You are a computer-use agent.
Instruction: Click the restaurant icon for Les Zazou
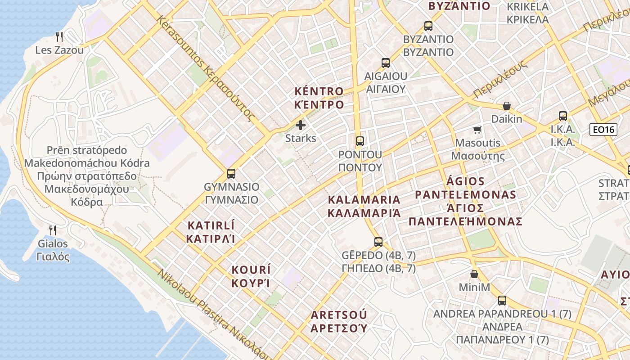click(x=59, y=36)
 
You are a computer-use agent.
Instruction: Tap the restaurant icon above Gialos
click(x=53, y=230)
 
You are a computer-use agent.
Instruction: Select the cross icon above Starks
click(x=301, y=125)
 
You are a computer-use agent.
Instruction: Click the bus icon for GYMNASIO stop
click(x=231, y=173)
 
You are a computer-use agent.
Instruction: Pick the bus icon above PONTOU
click(x=360, y=141)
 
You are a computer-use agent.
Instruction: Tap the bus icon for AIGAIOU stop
click(x=386, y=63)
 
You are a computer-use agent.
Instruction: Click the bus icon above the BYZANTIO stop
click(x=428, y=26)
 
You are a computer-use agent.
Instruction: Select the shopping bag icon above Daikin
click(x=507, y=106)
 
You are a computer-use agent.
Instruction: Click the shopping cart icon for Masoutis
click(x=477, y=130)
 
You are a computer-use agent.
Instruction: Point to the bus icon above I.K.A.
click(x=562, y=116)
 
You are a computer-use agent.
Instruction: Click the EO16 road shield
click(x=603, y=130)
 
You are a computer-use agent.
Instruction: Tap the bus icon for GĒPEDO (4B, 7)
click(x=378, y=242)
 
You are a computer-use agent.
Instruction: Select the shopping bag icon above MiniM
click(x=474, y=274)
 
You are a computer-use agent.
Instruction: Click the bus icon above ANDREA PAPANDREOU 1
click(x=502, y=301)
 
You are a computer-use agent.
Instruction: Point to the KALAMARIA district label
click(x=364, y=206)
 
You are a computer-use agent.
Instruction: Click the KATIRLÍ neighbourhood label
click(x=211, y=232)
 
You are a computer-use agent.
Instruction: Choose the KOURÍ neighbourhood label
click(x=251, y=276)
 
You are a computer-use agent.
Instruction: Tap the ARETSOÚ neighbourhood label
click(x=338, y=321)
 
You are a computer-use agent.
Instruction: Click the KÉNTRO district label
click(x=319, y=98)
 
